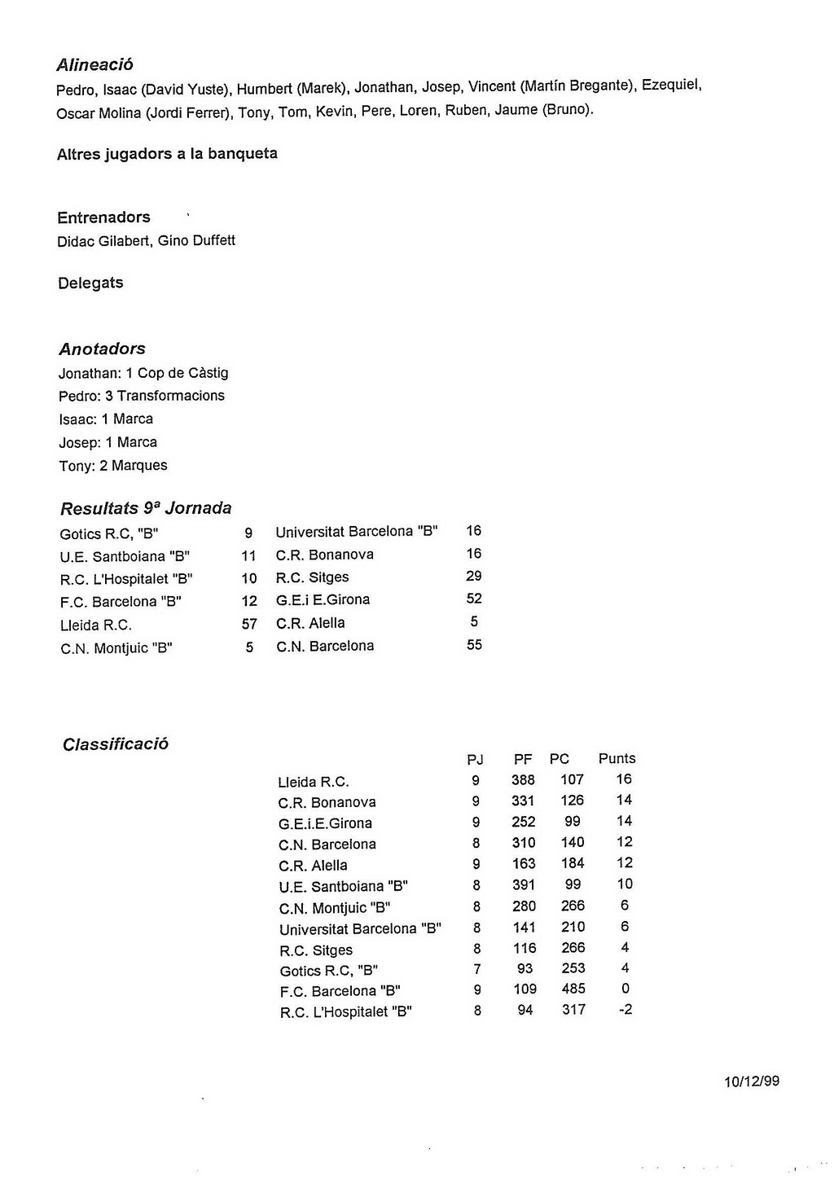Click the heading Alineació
tap(94, 64)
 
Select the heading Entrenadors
tap(103, 217)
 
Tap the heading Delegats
tap(90, 283)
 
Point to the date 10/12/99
tap(751, 1081)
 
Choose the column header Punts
tap(617, 758)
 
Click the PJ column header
tap(475, 760)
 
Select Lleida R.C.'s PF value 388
tap(523, 780)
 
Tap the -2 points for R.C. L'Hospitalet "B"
tap(625, 1010)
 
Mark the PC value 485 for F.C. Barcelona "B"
tap(573, 989)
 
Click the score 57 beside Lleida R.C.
tap(249, 625)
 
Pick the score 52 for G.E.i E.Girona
tap(474, 599)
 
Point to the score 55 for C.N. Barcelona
tap(474, 645)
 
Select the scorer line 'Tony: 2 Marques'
tap(113, 466)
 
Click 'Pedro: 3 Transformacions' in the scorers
tap(142, 396)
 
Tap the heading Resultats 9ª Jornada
tap(146, 508)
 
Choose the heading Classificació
tap(116, 744)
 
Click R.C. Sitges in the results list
tap(312, 577)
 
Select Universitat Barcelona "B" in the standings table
tap(360, 929)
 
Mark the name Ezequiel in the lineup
tap(671, 86)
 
